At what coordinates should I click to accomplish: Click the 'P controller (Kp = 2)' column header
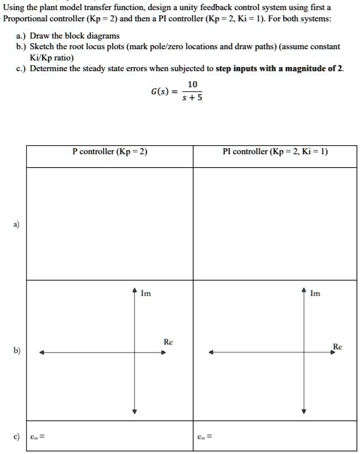tap(110, 152)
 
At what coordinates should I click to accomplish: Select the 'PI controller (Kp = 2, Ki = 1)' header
tap(275, 152)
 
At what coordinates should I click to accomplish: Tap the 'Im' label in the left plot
tap(146, 292)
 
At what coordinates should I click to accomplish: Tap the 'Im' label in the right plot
tap(315, 292)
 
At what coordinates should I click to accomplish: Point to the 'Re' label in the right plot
tap(337, 346)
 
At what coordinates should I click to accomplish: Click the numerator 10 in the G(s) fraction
tap(193, 84)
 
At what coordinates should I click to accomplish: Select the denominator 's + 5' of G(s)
tap(193, 98)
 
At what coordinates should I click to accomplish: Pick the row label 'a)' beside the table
tap(16, 225)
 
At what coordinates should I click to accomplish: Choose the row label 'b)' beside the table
tap(16, 350)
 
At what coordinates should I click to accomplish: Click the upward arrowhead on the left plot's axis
tap(135, 290)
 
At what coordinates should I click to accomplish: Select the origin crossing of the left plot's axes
tap(135, 353)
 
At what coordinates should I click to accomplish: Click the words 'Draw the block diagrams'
tap(75, 36)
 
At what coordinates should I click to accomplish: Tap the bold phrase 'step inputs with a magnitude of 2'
tap(279, 69)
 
